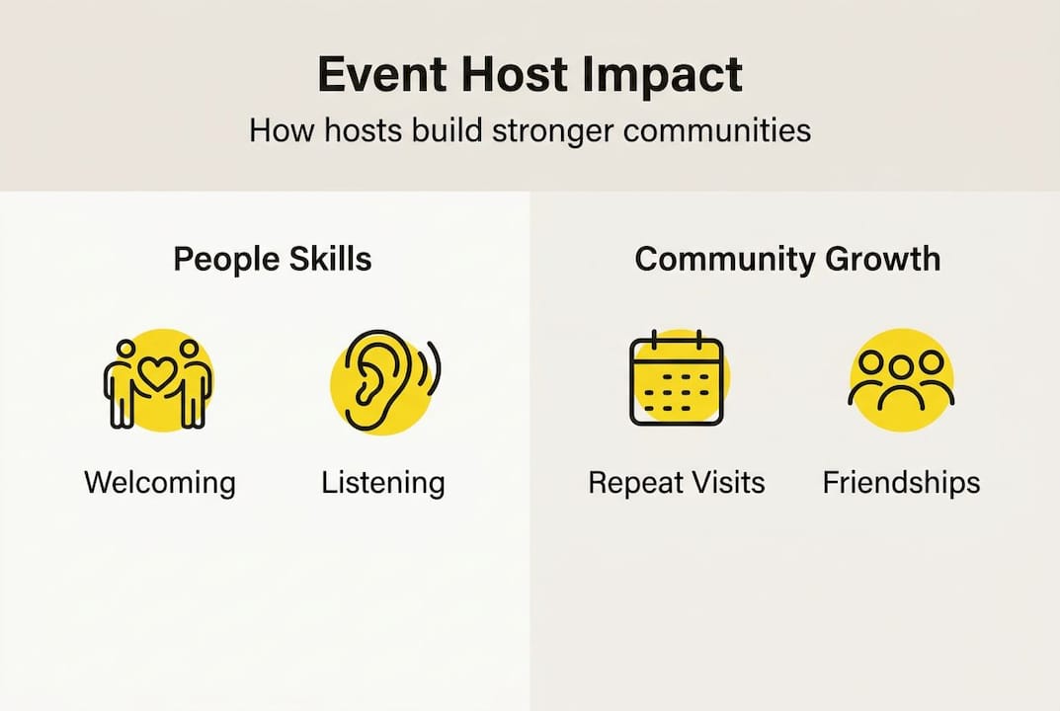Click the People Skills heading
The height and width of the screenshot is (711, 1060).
pos(273,259)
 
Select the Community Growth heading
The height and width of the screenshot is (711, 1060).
pos(787,259)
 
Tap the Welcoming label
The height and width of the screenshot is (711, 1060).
pos(160,483)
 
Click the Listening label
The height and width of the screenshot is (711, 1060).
pos(383,483)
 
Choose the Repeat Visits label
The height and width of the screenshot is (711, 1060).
pos(677,483)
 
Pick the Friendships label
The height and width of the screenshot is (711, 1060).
pos(901,483)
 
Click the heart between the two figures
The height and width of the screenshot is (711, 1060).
pos(158,373)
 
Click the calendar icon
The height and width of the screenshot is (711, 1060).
pos(677,380)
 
